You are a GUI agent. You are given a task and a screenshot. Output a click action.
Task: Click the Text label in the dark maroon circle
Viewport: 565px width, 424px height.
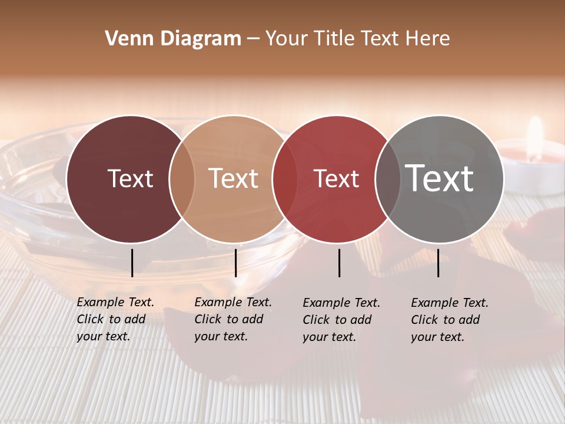pyautogui.click(x=130, y=178)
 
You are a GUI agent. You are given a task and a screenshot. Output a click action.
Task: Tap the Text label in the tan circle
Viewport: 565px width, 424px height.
pyautogui.click(x=233, y=178)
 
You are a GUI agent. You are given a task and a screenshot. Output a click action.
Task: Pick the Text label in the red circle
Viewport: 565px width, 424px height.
pyautogui.click(x=336, y=178)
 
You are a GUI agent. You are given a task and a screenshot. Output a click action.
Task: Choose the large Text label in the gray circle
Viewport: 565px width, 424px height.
pyautogui.click(x=440, y=178)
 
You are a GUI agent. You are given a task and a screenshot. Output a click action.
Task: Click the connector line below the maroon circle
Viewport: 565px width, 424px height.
pyautogui.click(x=132, y=263)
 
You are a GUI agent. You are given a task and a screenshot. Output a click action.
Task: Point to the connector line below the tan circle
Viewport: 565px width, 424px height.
pyautogui.click(x=235, y=263)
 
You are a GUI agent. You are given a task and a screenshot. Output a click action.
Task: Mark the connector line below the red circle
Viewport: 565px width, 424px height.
pyautogui.click(x=339, y=263)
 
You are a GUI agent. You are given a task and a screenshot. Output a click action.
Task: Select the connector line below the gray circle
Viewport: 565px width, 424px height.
pyautogui.click(x=438, y=263)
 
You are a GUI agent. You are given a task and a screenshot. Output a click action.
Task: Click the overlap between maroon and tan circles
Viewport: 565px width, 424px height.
pyautogui.click(x=182, y=179)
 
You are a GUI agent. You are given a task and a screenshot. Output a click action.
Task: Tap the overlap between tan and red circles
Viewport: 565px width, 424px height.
pyautogui.click(x=285, y=179)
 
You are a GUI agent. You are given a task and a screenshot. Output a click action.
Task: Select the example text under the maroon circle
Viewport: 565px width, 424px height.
pyautogui.click(x=115, y=319)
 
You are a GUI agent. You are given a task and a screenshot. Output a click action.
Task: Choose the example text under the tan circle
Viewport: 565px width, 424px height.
pyautogui.click(x=232, y=319)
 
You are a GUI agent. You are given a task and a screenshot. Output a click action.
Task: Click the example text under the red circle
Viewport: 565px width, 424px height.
pyautogui.click(x=341, y=320)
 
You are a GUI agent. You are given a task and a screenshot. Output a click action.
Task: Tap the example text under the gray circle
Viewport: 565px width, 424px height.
pyautogui.click(x=449, y=320)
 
